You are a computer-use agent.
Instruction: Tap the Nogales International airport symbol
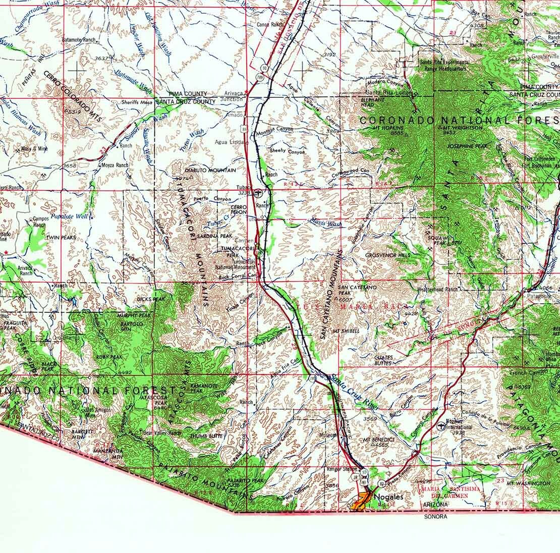click(442, 425)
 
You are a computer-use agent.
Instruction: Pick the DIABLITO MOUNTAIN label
click(210, 171)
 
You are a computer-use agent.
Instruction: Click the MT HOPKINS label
click(386, 128)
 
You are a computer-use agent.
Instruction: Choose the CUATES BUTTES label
click(384, 360)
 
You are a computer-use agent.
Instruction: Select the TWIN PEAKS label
click(61, 237)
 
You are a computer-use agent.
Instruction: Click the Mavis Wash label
click(326, 223)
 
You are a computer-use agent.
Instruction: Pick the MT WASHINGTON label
click(528, 483)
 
